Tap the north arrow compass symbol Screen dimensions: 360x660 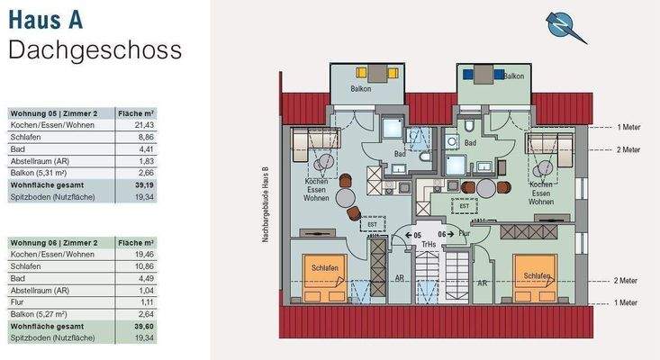(x=566, y=26)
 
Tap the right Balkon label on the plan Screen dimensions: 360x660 (x=514, y=76)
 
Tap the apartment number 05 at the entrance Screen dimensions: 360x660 (x=417, y=232)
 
